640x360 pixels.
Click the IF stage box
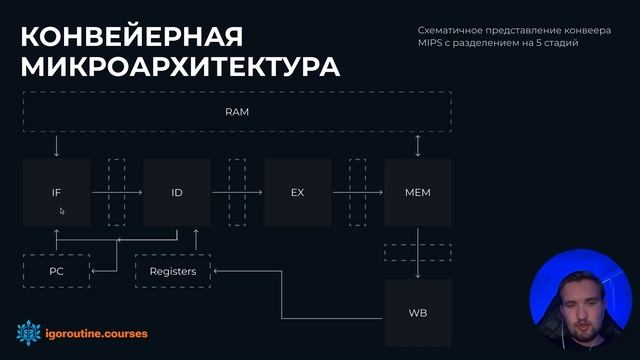(56, 191)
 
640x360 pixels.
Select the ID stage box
(177, 191)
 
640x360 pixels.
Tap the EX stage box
(297, 191)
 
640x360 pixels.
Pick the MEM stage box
(417, 191)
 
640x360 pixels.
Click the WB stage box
(417, 313)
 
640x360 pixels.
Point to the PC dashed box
(56, 271)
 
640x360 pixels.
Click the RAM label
(237, 112)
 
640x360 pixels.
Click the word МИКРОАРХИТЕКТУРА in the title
(180, 68)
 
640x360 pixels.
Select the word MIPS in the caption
(431, 43)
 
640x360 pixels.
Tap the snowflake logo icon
(28, 331)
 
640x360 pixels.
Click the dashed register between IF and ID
(116, 191)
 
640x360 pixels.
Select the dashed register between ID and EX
(237, 191)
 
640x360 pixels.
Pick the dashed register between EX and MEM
(357, 191)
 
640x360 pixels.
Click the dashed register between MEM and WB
(417, 252)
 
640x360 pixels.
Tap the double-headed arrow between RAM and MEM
(417, 146)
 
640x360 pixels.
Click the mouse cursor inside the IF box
(62, 211)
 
